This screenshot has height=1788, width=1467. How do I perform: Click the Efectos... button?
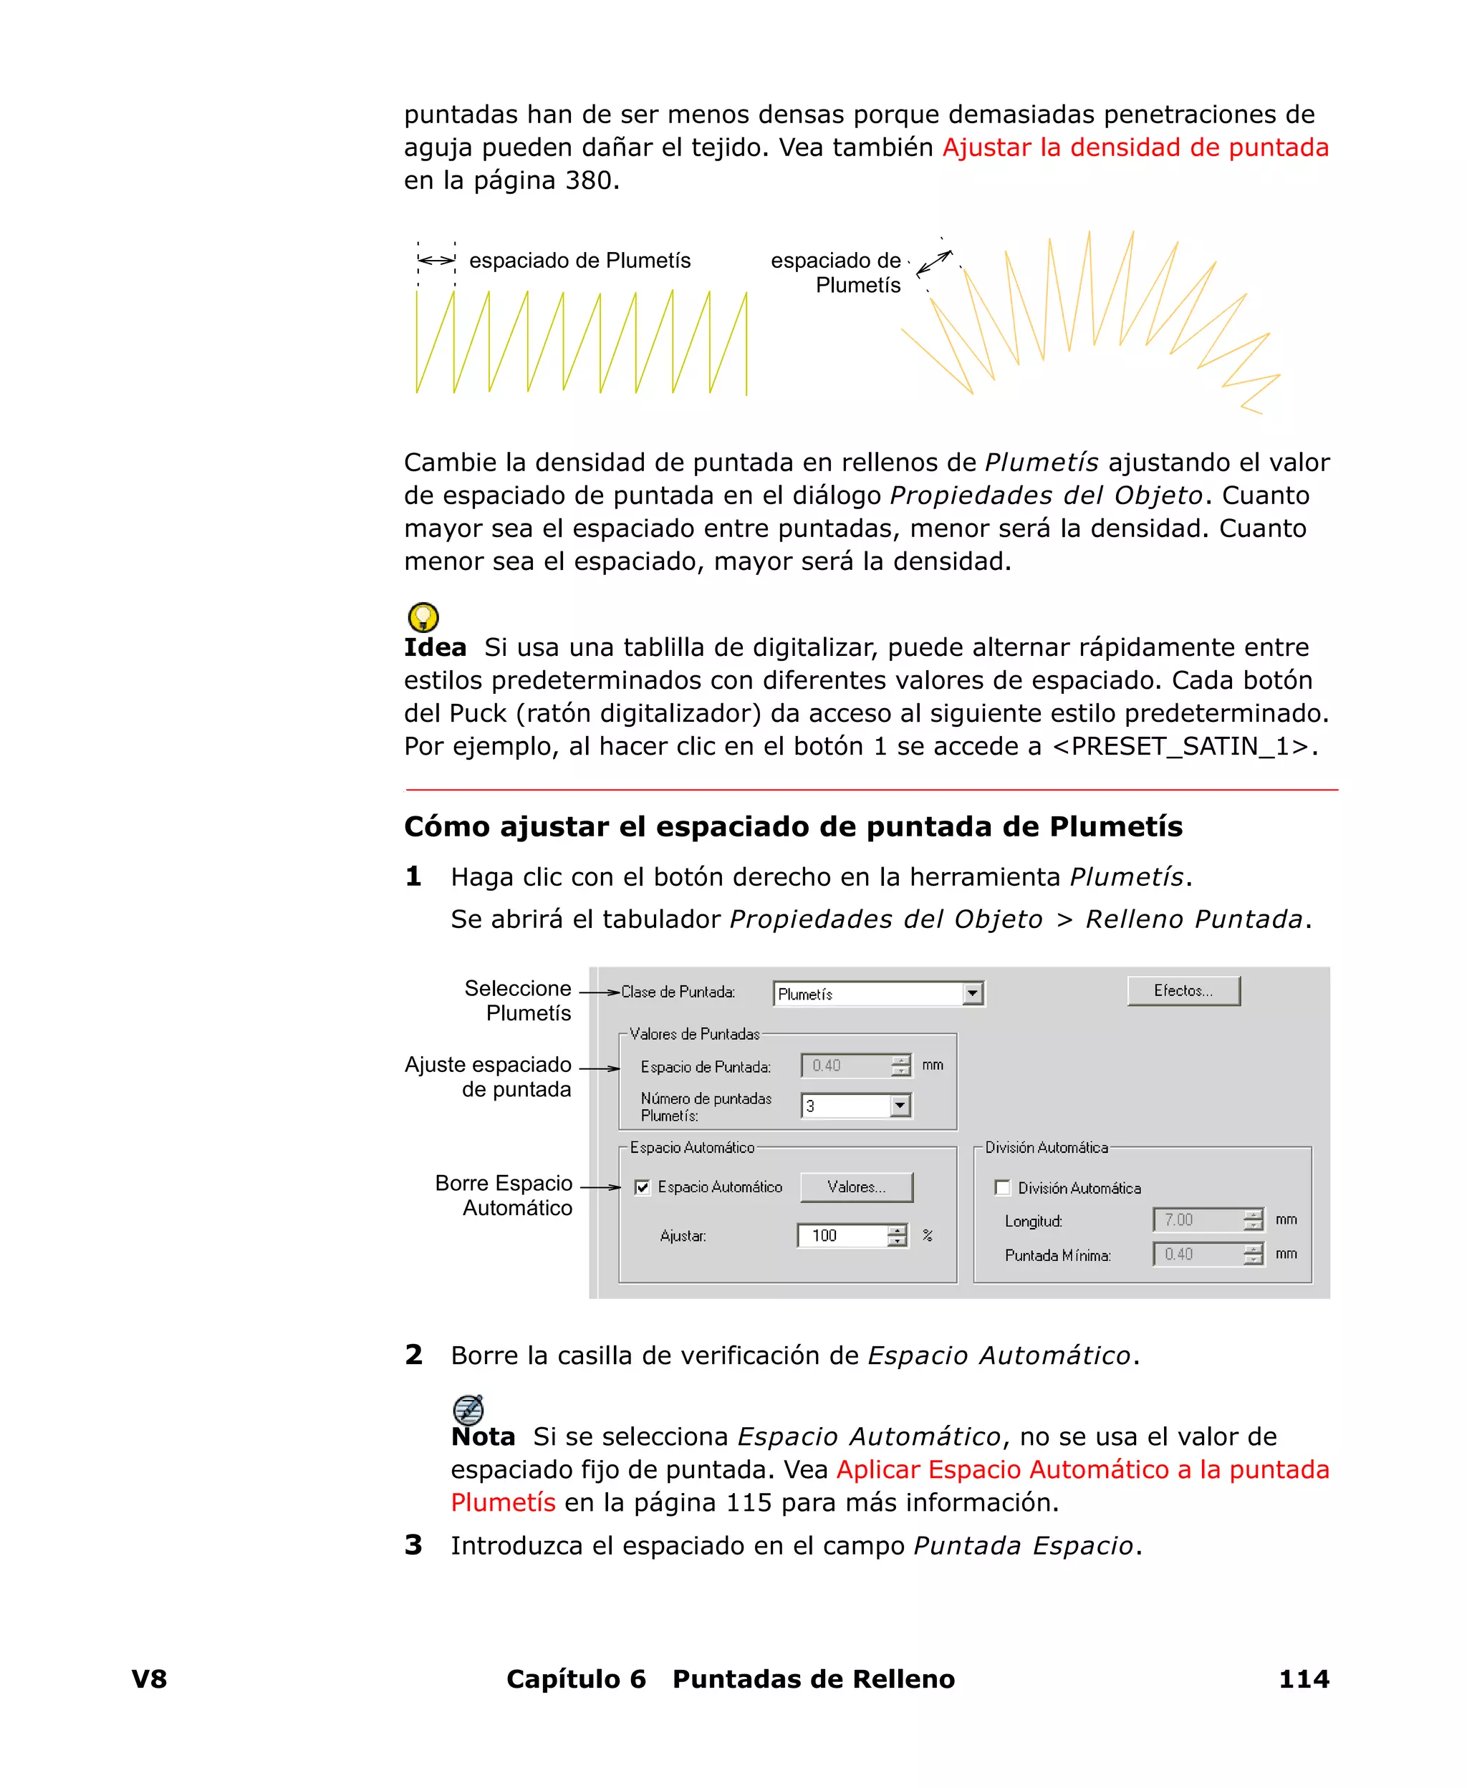pyautogui.click(x=1183, y=991)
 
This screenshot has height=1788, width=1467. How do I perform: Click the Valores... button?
pyautogui.click(x=856, y=1187)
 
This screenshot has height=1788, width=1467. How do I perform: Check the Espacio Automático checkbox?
pyautogui.click(x=643, y=1187)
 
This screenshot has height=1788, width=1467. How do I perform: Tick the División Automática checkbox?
pyautogui.click(x=1002, y=1189)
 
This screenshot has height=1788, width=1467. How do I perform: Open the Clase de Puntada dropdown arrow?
pyautogui.click(x=973, y=994)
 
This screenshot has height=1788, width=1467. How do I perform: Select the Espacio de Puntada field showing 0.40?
pyautogui.click(x=845, y=1066)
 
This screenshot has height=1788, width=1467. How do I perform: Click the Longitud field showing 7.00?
pyautogui.click(x=1198, y=1219)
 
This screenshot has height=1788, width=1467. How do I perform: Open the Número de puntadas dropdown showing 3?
pyautogui.click(x=900, y=1106)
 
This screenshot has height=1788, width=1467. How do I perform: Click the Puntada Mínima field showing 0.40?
pyautogui.click(x=1198, y=1255)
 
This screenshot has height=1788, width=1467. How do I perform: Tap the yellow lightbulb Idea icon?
pyautogui.click(x=423, y=617)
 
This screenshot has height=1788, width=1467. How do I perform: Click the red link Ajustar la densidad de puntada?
pyautogui.click(x=1135, y=148)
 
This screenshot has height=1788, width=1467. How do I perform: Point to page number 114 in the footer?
pyautogui.click(x=1303, y=1679)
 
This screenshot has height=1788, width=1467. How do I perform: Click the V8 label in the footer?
pyautogui.click(x=150, y=1679)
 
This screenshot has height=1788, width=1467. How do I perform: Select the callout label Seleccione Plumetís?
pyautogui.click(x=518, y=1001)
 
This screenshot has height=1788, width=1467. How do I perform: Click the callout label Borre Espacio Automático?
pyautogui.click(x=504, y=1195)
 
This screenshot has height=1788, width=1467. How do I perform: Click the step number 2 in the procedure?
pyautogui.click(x=413, y=1355)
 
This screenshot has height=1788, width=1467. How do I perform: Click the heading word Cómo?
pyautogui.click(x=446, y=827)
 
